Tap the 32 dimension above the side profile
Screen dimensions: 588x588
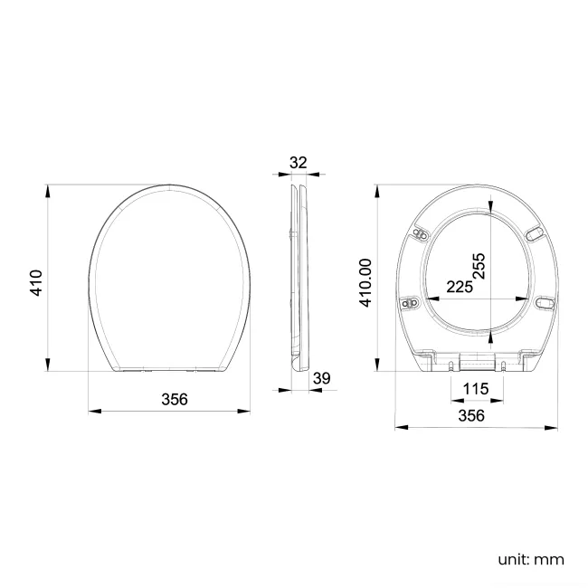[x=299, y=163]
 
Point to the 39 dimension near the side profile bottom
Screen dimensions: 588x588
[x=320, y=378]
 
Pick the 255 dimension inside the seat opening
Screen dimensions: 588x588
[x=480, y=263]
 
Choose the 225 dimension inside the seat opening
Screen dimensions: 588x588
[x=460, y=287]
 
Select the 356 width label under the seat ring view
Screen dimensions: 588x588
[x=470, y=415]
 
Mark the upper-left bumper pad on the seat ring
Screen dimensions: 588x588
[x=420, y=233]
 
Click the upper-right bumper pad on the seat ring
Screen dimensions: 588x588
[x=535, y=233]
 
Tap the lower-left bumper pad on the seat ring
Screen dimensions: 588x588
[x=410, y=302]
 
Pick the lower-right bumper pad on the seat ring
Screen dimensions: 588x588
[x=544, y=302]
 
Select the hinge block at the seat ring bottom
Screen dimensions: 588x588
[x=477, y=362]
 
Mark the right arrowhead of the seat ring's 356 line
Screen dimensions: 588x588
[x=553, y=426]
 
